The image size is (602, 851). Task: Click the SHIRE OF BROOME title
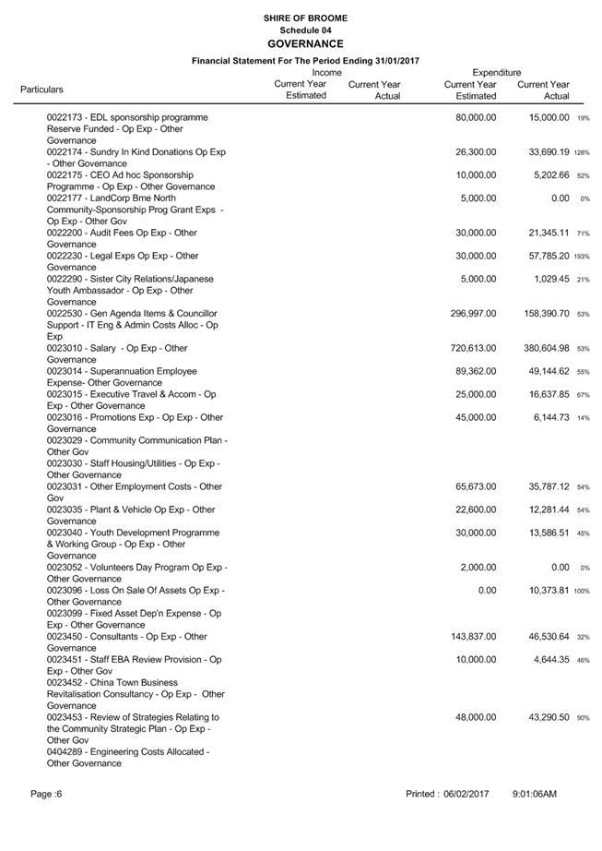pos(305,18)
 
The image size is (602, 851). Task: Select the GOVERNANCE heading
pos(305,43)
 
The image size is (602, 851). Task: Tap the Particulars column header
pos(41,90)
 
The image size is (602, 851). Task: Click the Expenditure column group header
pos(496,72)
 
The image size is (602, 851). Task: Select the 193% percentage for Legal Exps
pos(582,257)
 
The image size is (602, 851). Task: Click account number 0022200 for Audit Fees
pos(65,234)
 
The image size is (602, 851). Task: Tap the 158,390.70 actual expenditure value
pos(540,314)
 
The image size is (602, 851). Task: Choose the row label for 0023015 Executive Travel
pos(131,395)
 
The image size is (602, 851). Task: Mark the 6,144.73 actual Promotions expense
pos(546,418)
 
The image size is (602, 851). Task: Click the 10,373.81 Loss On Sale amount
pos(543,591)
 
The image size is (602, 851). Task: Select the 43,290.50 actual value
pos(543,717)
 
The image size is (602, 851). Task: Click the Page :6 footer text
pos(45,794)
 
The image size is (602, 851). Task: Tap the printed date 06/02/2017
pos(466,794)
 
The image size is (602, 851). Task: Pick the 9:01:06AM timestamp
pos(535,794)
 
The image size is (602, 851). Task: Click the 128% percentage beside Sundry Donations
pos(582,153)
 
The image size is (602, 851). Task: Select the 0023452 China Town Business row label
pos(135,683)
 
